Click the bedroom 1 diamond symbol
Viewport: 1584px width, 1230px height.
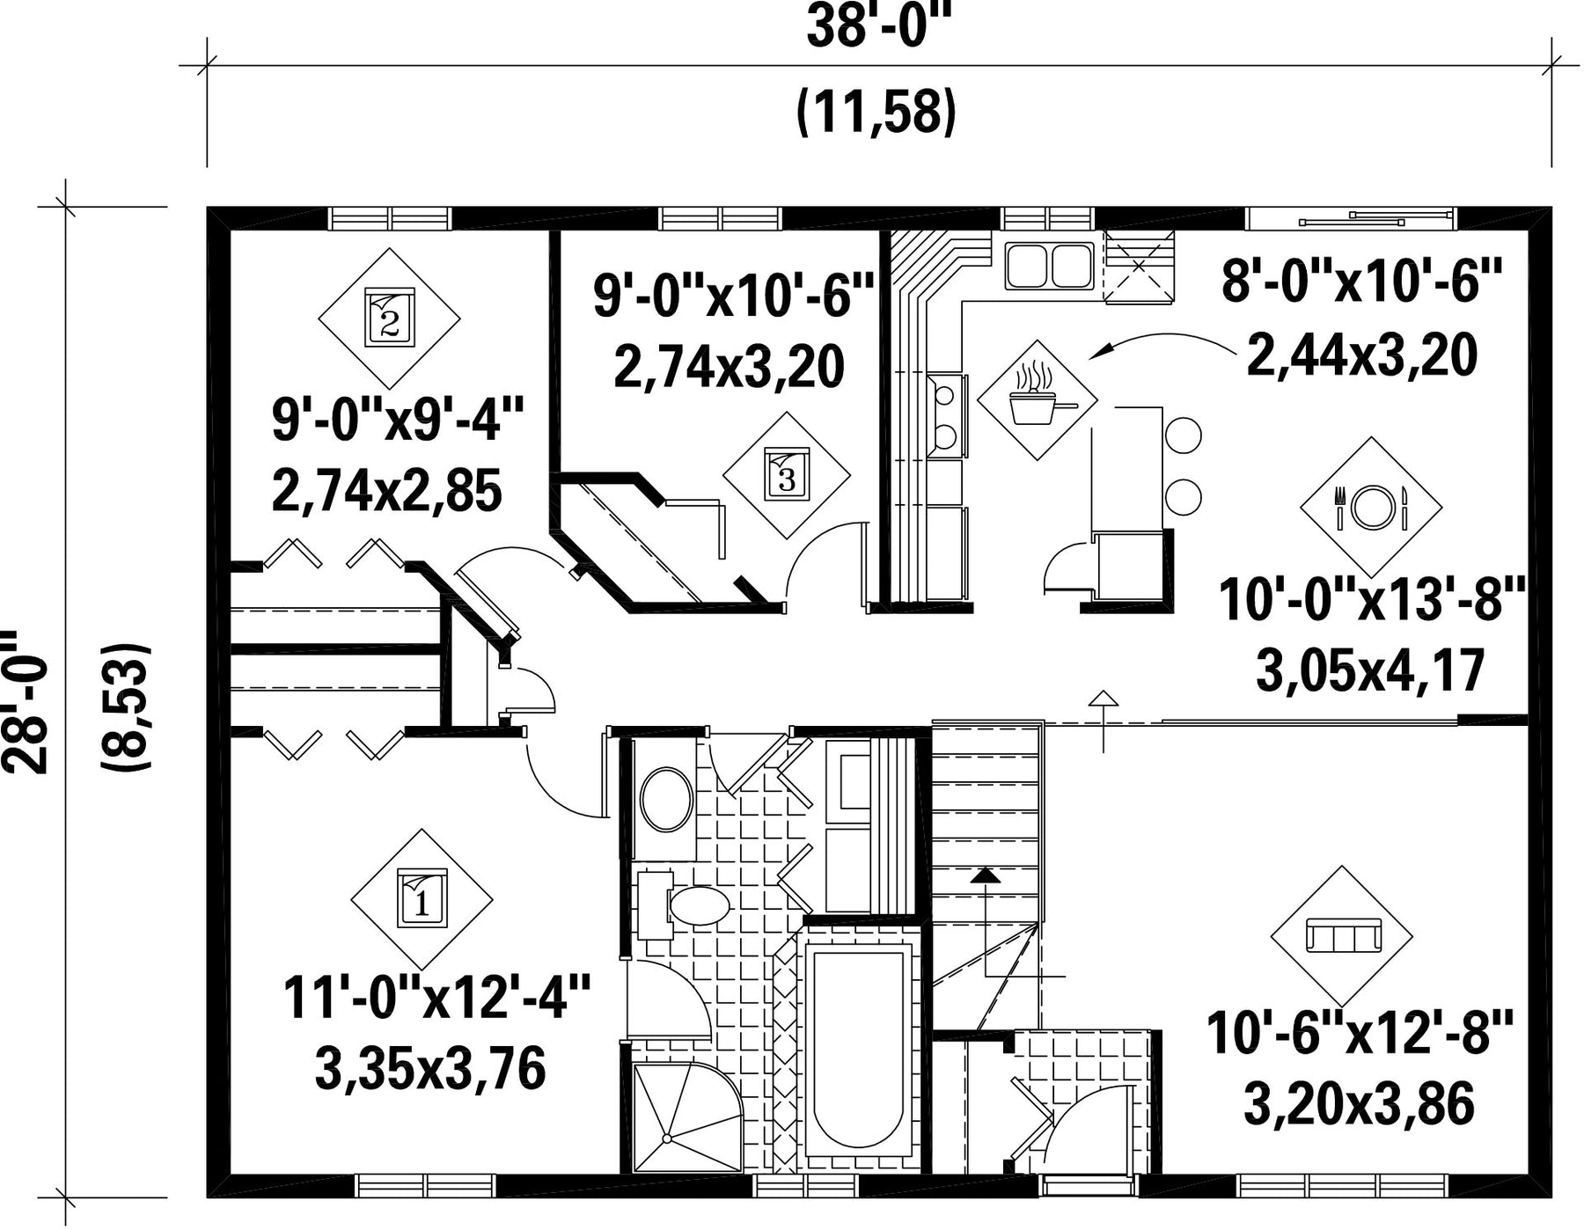(422, 898)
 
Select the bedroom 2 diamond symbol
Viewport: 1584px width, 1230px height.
(389, 318)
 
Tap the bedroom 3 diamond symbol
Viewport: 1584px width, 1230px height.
(787, 475)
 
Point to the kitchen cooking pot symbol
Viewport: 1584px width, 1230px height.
(1038, 399)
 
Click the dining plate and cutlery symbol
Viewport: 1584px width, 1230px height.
(1371, 507)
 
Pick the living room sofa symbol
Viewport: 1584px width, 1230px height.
(1342, 936)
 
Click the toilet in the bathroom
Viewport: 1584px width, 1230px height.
(686, 904)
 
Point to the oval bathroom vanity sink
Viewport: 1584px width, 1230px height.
(666, 800)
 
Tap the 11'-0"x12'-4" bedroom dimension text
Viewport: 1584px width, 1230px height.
(436, 998)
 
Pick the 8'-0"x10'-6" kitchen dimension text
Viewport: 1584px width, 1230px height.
(1360, 281)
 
